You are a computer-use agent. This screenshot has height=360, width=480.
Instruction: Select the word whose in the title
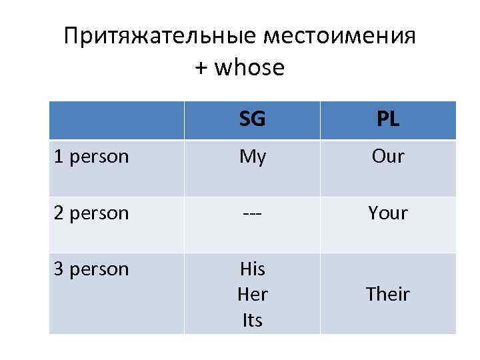coord(250,67)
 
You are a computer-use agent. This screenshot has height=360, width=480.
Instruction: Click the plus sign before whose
coord(202,68)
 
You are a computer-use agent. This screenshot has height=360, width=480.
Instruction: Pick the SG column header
coord(252,119)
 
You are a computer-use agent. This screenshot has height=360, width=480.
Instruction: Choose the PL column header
coord(388,119)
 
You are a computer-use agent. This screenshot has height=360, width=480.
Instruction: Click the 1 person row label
coord(91,157)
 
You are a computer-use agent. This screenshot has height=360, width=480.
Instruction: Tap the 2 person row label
coord(91,213)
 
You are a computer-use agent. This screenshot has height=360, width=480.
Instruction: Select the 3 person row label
coord(91,269)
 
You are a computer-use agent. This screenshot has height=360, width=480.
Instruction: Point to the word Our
coord(388,157)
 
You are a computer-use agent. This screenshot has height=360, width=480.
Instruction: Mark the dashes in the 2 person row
coord(252,214)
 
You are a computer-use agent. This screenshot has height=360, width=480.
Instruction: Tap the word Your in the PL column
coord(388,213)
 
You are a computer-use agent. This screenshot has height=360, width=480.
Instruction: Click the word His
coord(252,269)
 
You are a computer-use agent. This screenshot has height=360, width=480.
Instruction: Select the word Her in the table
coord(252,295)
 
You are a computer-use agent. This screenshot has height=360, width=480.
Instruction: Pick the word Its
coord(252,321)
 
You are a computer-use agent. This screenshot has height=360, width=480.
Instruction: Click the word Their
coord(388,295)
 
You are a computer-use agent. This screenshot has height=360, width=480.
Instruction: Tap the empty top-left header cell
coord(117,120)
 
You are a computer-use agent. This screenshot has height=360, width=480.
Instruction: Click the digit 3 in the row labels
coord(59,269)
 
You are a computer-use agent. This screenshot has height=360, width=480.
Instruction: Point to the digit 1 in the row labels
coord(59,157)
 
